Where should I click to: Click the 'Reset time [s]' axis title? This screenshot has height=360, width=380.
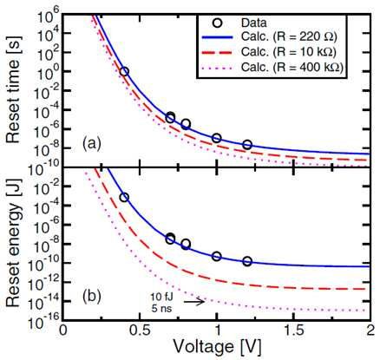tap(14, 89)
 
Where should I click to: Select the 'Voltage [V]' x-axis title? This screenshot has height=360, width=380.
tap(217, 346)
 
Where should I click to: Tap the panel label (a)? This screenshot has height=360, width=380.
tap(92, 143)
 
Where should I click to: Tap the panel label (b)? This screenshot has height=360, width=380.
tap(92, 296)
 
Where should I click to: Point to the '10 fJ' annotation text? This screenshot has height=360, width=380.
tap(162, 297)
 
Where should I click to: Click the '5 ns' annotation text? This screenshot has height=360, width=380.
tap(161, 308)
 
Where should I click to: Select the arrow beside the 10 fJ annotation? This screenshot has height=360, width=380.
tap(194, 302)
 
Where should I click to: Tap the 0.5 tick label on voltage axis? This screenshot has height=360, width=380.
tap(140, 331)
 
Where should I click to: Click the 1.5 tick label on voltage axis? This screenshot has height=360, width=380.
tap(293, 331)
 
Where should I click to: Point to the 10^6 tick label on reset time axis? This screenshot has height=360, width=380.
tap(48, 16)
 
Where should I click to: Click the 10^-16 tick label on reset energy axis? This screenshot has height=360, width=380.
tap(44, 318)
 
